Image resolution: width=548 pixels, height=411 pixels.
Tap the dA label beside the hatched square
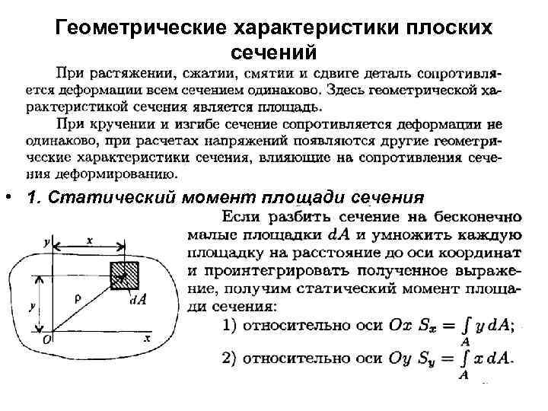point(138,298)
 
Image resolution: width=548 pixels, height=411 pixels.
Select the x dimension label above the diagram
point(91,239)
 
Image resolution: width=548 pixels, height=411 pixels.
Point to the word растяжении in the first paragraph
point(121,74)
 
